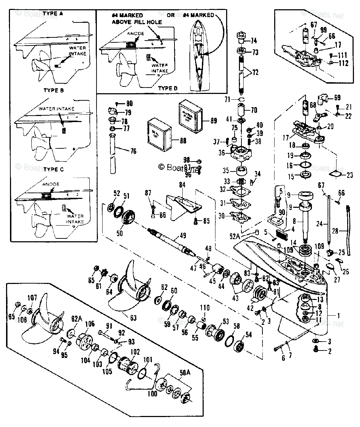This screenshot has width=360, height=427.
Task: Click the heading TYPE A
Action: coord(52,14)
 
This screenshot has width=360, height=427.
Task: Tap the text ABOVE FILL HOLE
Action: coord(137,22)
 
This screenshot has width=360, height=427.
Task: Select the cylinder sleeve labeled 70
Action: coord(241,109)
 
